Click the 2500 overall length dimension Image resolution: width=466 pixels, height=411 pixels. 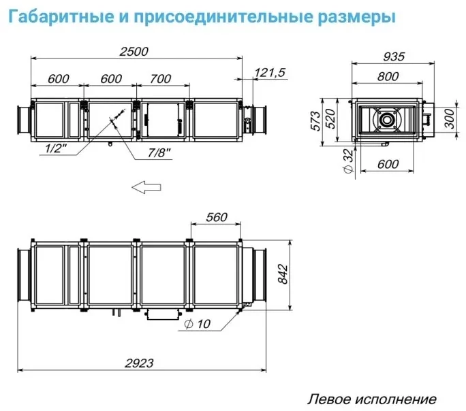pos(134,52)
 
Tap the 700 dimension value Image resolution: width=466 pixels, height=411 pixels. pos(161,79)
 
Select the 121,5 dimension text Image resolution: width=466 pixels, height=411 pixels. pos(270,73)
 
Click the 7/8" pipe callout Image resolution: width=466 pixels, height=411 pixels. pos(159,153)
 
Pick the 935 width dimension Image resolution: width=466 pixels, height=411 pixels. pos(394,56)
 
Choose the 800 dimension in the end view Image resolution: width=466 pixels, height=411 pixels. pos(388,77)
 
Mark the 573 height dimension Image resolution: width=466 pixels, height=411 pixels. pos(315,121)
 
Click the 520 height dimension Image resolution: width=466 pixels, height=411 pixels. pos(330,119)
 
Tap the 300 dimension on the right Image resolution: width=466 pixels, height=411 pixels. pos(450,118)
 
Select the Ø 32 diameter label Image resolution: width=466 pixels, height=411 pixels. pos(349,161)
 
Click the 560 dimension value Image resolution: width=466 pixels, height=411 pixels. pos(217,217)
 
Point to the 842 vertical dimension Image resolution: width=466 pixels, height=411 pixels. pos(283,274)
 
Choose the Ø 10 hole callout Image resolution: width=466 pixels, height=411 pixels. pos(198,324)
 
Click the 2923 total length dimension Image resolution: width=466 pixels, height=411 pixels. pos(139,363)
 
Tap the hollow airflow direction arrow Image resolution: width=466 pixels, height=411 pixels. pos(146,187)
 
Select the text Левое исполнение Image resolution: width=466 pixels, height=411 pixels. pos(372,399)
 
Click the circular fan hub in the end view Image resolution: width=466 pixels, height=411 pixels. pos(387,120)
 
